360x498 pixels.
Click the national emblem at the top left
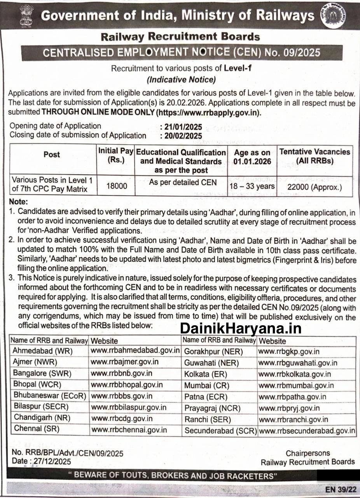[x=27, y=15]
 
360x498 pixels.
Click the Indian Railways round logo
[x=333, y=15]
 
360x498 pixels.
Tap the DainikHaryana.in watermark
[x=241, y=329]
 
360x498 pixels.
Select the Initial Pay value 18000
[x=116, y=186]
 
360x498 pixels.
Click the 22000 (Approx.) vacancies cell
[x=315, y=187]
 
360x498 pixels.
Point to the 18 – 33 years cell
[x=252, y=186]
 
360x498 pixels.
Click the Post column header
[x=52, y=154]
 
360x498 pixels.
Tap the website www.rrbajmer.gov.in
[x=124, y=362]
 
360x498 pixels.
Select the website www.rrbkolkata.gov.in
[x=295, y=374]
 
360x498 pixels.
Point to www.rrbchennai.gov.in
[x=129, y=430]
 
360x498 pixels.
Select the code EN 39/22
[x=341, y=489]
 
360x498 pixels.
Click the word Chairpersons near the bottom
[x=308, y=453]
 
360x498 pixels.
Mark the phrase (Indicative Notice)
[x=181, y=80]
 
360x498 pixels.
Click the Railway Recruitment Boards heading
[x=180, y=37]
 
